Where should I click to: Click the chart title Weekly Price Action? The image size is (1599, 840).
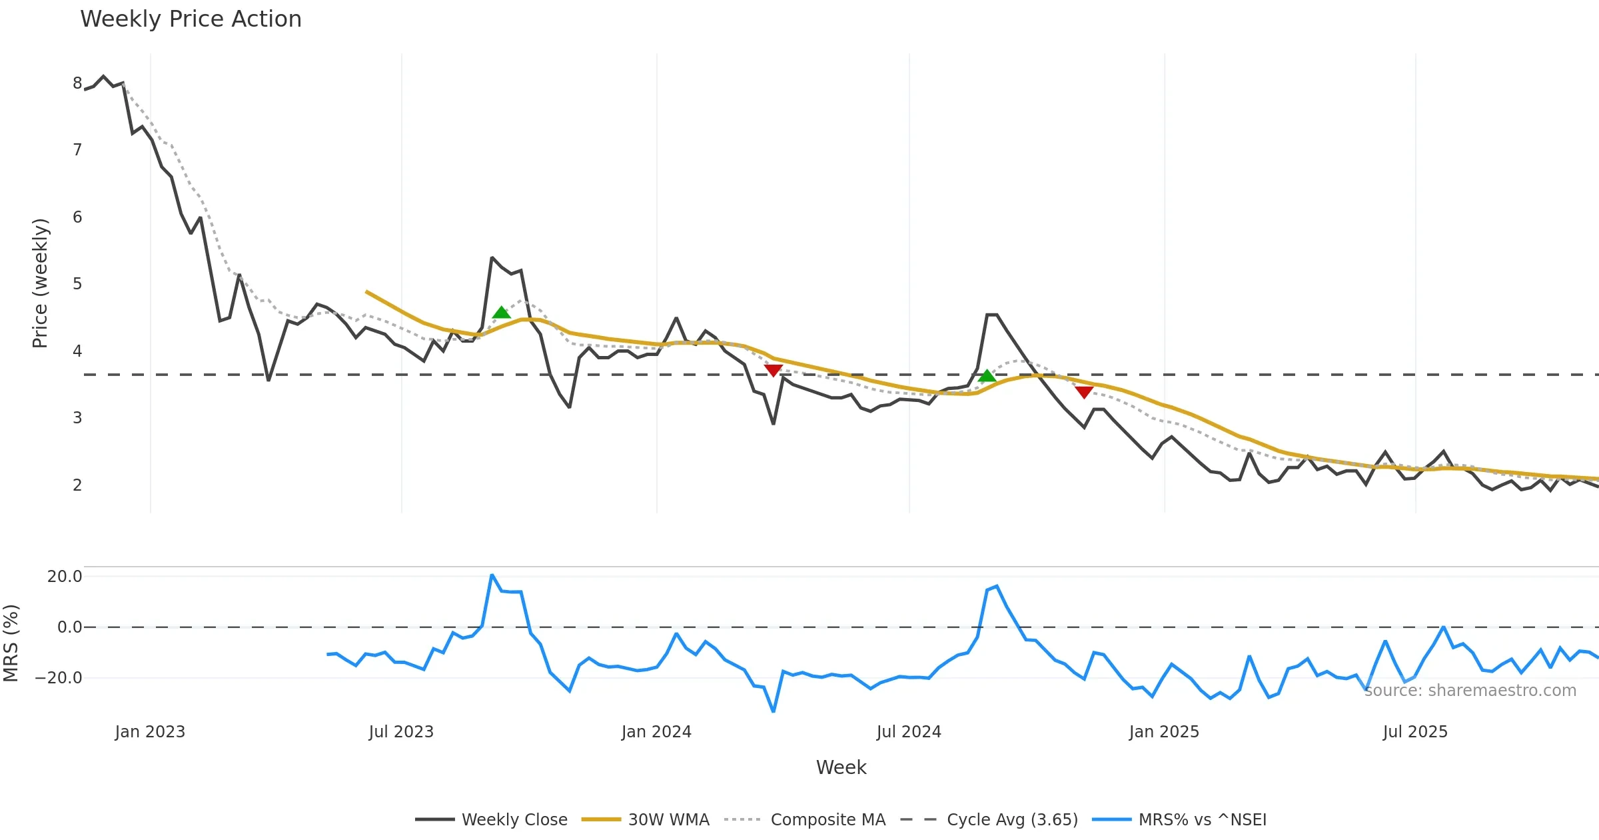(x=191, y=19)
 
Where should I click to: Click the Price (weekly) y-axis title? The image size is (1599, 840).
(x=40, y=283)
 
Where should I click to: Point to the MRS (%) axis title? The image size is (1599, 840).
(x=11, y=643)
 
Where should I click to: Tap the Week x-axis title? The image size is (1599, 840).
(x=841, y=767)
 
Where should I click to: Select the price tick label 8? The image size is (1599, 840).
(x=77, y=83)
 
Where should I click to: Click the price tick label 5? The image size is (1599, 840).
(x=77, y=284)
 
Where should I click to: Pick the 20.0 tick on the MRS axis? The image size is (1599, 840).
(x=65, y=577)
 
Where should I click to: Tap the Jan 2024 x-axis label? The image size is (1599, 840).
(x=656, y=732)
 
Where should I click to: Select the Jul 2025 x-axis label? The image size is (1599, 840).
(x=1415, y=732)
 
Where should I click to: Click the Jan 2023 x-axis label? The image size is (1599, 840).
(x=150, y=732)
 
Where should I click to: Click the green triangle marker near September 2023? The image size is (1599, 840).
(x=502, y=313)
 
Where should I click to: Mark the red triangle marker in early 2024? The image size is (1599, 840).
(x=773, y=371)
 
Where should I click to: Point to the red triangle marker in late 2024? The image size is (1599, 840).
(x=1084, y=392)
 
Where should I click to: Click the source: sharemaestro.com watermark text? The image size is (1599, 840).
(x=1470, y=691)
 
